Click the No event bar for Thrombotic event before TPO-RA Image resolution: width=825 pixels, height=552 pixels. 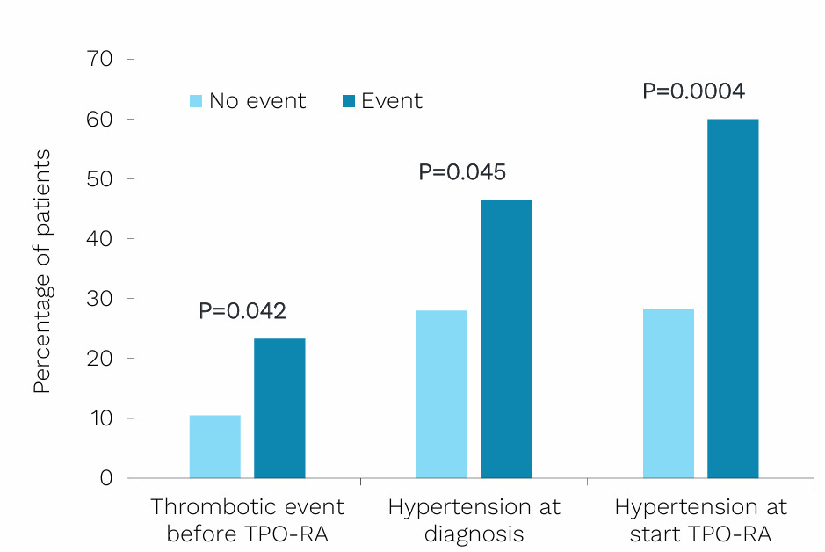(x=214, y=447)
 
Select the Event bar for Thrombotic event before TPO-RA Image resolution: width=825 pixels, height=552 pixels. (x=279, y=409)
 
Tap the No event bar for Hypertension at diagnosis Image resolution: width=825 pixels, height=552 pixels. (x=442, y=395)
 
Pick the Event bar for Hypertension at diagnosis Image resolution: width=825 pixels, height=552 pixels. (x=506, y=339)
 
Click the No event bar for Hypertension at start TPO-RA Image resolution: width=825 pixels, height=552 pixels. (x=669, y=394)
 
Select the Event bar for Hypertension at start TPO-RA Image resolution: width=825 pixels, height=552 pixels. (x=733, y=299)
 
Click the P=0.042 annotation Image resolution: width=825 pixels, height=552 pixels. (x=242, y=311)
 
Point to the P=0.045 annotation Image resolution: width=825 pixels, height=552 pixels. (x=462, y=172)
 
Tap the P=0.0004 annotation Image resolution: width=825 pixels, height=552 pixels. (x=694, y=91)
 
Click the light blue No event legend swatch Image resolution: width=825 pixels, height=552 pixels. (x=197, y=101)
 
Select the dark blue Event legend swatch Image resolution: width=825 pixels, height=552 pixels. (x=349, y=101)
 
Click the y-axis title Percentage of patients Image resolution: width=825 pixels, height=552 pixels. (x=42, y=271)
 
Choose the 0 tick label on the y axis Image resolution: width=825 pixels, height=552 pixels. (x=106, y=478)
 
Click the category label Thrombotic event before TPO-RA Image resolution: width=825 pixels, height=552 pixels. (x=248, y=520)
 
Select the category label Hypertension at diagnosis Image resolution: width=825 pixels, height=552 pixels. (x=474, y=520)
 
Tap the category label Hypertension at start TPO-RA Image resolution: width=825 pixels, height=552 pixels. (x=700, y=520)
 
